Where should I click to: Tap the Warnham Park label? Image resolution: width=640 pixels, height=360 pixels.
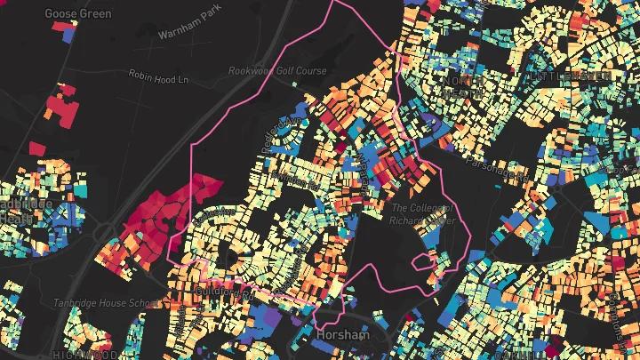pyautogui.click(x=188, y=33)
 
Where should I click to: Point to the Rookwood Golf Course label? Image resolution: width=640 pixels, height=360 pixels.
pyautogui.click(x=277, y=70)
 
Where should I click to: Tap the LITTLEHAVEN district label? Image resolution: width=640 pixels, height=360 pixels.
pyautogui.click(x=571, y=77)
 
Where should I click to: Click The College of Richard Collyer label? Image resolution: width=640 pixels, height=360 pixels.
pyautogui.click(x=423, y=213)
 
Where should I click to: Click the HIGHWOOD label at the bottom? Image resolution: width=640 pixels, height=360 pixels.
pyautogui.click(x=84, y=355)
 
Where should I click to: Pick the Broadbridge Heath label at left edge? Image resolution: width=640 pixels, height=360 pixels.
pyautogui.click(x=25, y=211)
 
